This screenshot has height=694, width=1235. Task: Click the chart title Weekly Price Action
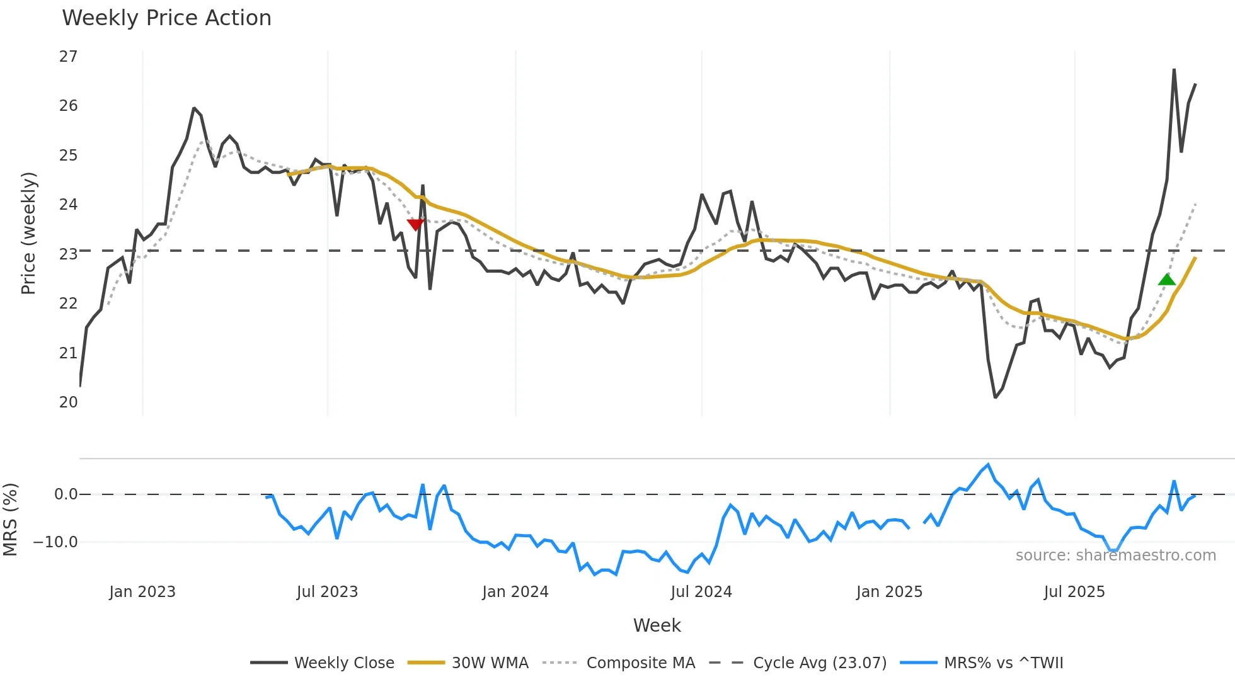(x=166, y=18)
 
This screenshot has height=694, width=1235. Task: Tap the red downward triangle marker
(x=415, y=224)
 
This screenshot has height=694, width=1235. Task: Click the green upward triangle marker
(x=1166, y=280)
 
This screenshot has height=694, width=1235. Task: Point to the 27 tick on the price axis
(x=69, y=57)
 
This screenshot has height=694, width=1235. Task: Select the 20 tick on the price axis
(x=69, y=402)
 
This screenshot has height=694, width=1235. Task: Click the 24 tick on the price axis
(x=69, y=205)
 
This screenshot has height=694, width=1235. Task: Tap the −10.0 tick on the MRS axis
(x=55, y=542)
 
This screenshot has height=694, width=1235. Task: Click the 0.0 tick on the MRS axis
(x=66, y=494)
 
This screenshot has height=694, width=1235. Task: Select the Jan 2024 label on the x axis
(x=515, y=592)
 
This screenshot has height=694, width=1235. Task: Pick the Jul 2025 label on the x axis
(x=1074, y=592)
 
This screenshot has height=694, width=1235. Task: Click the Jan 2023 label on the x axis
(x=142, y=592)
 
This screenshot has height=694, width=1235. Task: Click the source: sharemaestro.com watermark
(x=1115, y=555)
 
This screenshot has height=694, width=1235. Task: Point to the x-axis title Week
(x=657, y=625)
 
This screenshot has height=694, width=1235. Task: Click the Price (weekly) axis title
(x=29, y=233)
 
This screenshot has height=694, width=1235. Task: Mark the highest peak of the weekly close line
(x=1174, y=70)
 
